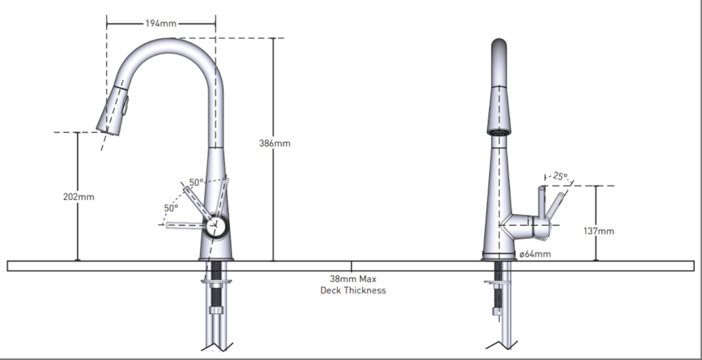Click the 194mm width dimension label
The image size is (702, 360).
pos(161,24)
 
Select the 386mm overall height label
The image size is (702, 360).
pos(274,144)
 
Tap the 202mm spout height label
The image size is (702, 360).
pos(79,197)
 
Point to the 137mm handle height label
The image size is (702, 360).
pos(599,231)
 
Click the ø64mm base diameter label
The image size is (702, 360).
pos(535,254)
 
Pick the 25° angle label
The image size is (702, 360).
pos(560,176)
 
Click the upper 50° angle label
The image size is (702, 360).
pos(196,182)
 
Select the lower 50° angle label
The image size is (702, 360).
pos(171,207)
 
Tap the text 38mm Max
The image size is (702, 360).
pos(353,279)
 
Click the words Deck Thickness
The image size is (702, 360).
pos(353,290)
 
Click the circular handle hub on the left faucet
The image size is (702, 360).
pos(217,225)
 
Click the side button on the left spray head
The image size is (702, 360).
pos(126,104)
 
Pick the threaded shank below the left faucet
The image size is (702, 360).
pos(216,270)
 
